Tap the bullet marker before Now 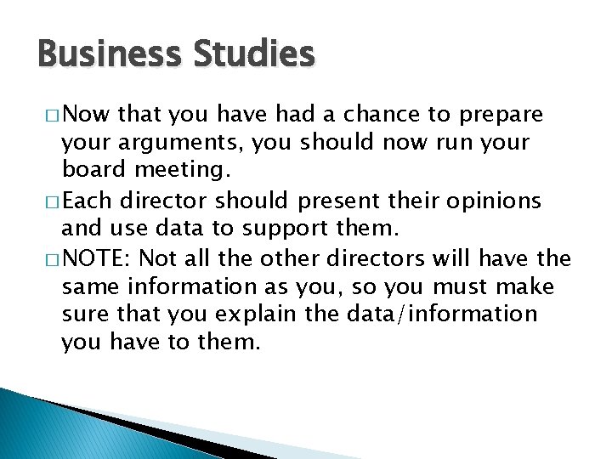[49, 115]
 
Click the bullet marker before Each [49, 201]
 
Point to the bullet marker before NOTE [49, 258]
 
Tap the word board [91, 171]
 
